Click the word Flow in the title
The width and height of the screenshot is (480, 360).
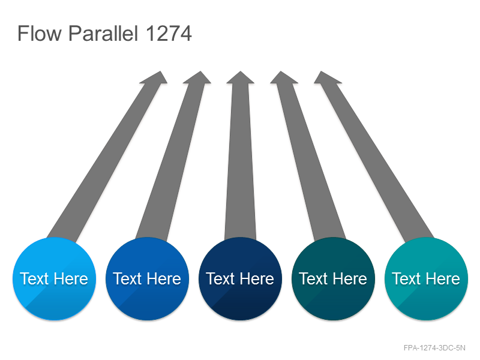40,33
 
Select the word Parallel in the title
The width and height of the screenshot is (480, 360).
103,33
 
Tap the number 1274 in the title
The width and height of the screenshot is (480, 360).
169,33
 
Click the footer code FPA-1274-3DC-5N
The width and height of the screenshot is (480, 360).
434,348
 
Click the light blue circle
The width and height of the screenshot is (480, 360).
54,278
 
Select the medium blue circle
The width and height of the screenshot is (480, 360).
147,278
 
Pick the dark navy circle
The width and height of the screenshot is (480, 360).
241,278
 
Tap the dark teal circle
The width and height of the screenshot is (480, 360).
334,278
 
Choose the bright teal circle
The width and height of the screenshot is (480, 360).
427,278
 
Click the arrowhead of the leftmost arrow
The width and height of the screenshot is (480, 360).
155,78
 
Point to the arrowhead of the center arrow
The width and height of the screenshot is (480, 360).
241,78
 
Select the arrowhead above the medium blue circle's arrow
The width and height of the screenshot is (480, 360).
198,78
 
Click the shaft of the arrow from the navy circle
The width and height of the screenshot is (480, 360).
241,161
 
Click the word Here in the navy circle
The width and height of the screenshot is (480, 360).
257,278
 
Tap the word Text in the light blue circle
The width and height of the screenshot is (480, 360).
34,278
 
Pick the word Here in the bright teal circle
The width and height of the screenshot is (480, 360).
443,278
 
